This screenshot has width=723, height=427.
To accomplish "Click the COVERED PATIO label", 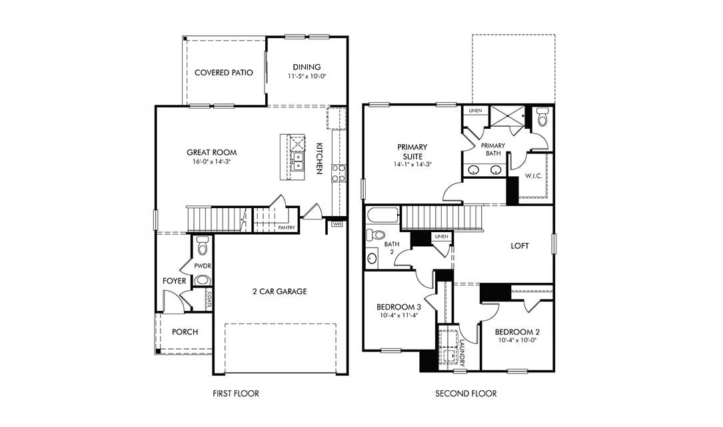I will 223,72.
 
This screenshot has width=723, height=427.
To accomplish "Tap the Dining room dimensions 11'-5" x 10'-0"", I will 307,77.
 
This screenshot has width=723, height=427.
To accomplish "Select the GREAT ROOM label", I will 211,152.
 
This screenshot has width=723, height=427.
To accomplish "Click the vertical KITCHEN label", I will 319,158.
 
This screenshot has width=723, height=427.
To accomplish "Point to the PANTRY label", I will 287,228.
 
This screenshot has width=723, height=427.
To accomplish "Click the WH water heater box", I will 337,224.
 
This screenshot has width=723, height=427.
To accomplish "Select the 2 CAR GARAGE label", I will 279,292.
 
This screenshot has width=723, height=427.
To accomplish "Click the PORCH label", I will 185,332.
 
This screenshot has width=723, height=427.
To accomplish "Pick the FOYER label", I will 175,281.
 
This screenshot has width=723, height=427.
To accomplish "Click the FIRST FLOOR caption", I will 236,394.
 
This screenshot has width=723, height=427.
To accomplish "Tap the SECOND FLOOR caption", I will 466,394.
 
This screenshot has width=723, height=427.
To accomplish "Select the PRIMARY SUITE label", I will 412,151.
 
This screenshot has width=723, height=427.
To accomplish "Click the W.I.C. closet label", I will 533,176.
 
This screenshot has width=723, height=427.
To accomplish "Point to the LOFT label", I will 520,246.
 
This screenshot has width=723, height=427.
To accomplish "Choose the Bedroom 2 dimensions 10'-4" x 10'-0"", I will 517,340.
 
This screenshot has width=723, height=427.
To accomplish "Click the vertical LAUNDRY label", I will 462,352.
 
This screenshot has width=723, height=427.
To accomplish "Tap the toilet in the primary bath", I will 540,118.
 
